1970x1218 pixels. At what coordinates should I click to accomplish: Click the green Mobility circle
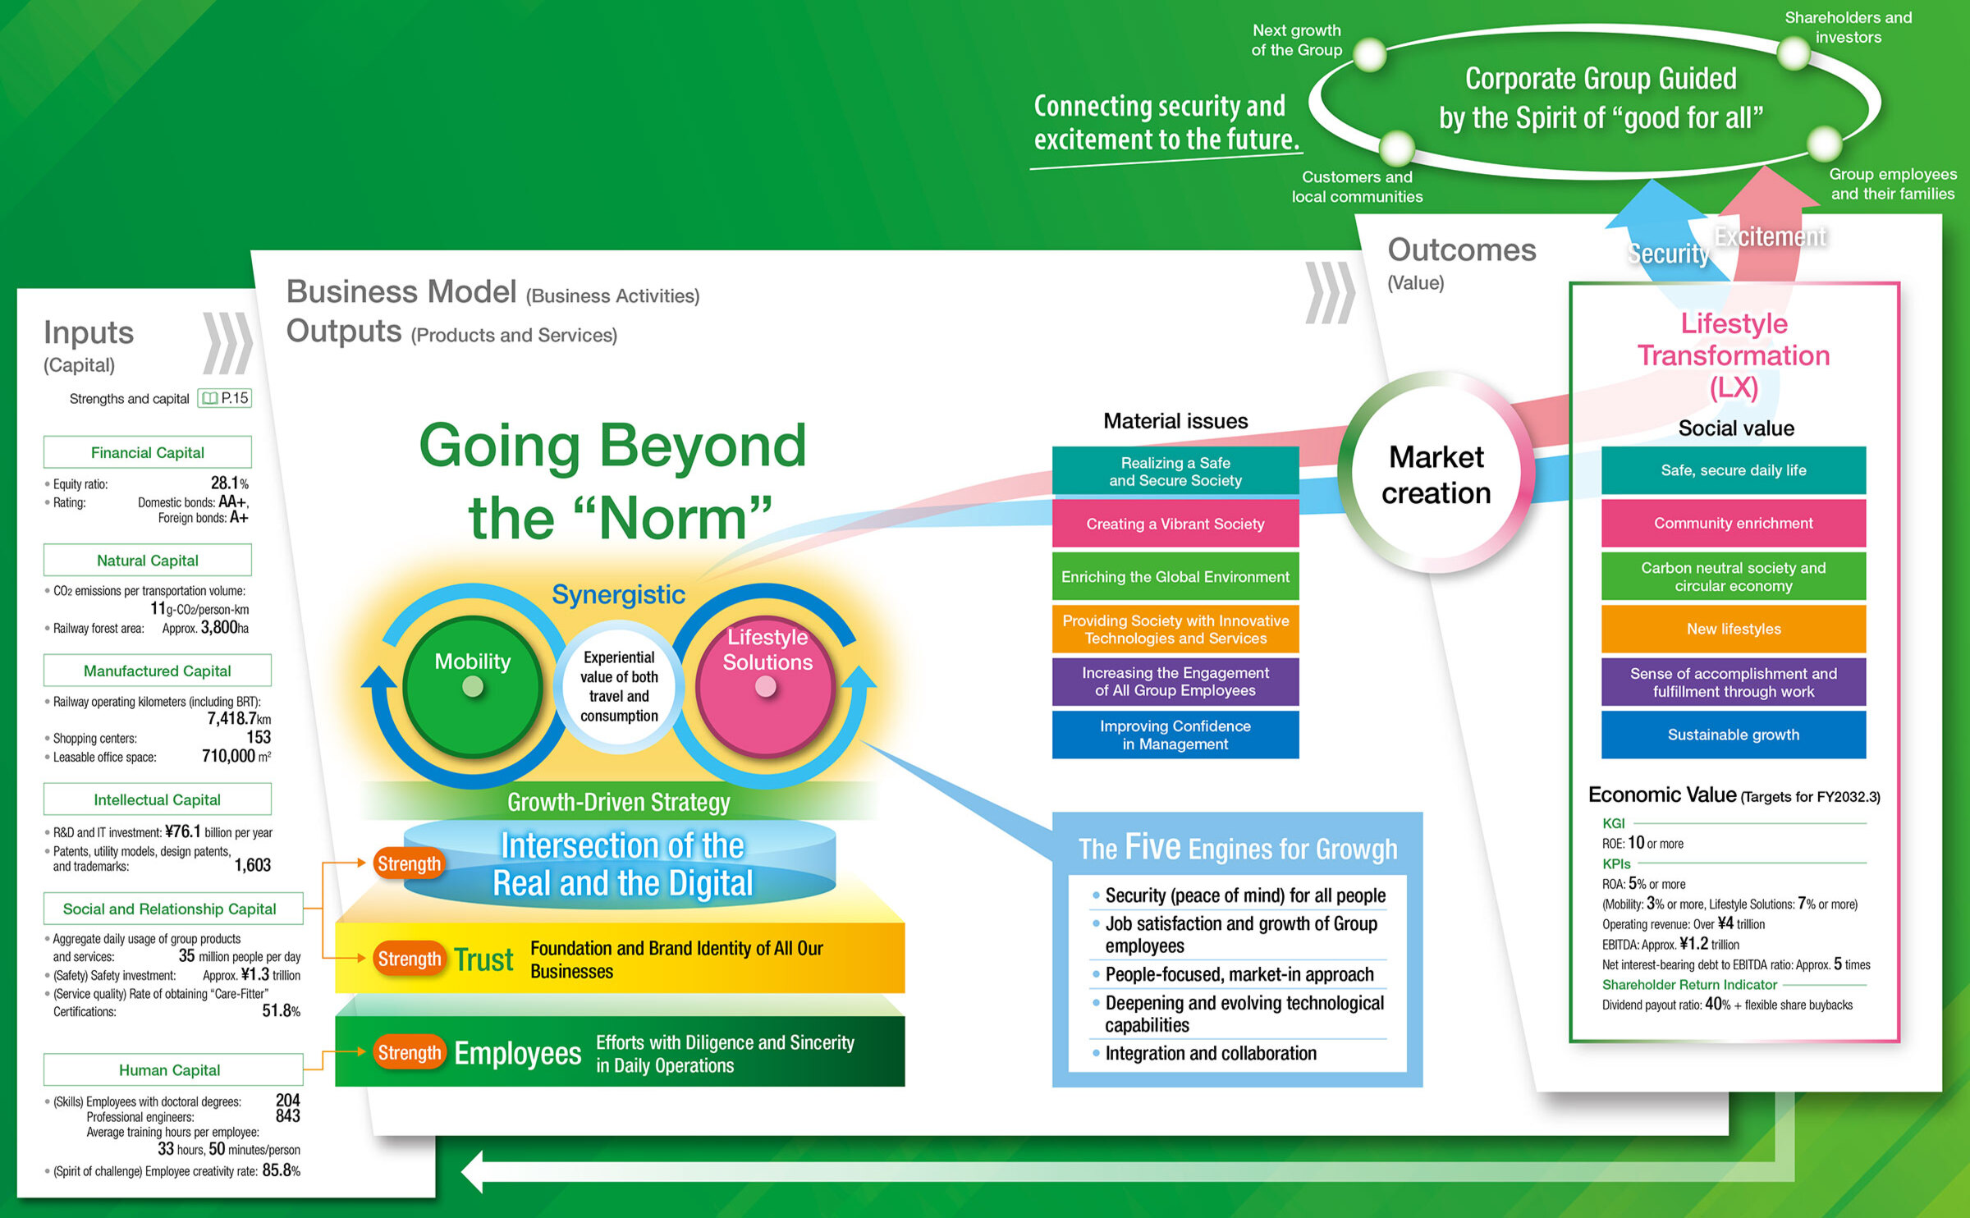pos(473,685)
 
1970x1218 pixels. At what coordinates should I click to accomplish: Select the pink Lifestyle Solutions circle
pos(766,685)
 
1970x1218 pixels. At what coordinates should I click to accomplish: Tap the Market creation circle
pos(1436,474)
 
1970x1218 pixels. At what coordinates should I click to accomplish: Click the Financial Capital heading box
pos(148,452)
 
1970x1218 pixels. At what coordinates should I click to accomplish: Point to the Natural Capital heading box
pos(148,561)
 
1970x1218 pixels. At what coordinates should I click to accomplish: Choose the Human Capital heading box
pos(170,1069)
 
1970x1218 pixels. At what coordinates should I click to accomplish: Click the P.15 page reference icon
pos(225,398)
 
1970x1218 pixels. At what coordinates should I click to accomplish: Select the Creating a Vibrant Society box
pos(1175,524)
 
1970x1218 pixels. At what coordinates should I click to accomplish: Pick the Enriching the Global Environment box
pos(1175,577)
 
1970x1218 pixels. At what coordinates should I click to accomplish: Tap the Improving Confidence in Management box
pos(1175,735)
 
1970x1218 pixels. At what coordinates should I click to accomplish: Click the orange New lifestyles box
pos(1734,629)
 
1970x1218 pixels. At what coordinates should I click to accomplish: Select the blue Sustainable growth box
pos(1734,735)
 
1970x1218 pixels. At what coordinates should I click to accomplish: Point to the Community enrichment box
pos(1734,523)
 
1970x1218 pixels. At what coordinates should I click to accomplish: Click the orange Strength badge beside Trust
pos(409,959)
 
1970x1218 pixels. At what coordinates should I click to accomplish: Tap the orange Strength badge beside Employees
pos(409,1052)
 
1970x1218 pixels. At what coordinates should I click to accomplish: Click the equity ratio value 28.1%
pos(229,483)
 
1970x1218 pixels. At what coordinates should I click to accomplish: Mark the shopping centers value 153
pos(259,737)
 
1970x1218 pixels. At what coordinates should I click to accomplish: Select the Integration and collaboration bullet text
pos(1211,1053)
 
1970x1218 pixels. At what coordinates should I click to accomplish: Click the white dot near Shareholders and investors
pos(1794,54)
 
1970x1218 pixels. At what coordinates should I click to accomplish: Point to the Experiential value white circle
pos(619,686)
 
